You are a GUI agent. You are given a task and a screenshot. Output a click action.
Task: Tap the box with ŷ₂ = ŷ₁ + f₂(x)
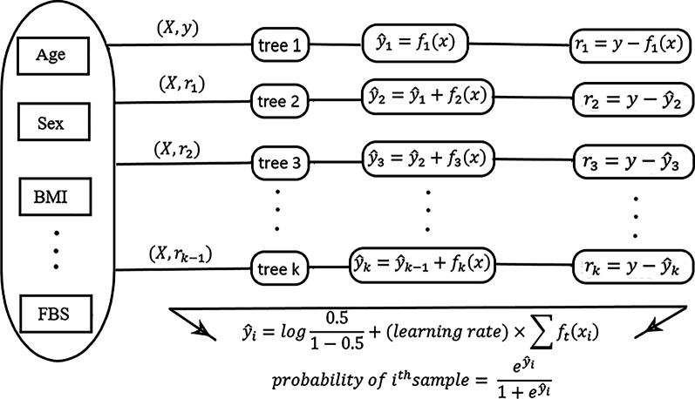pos(426,98)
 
